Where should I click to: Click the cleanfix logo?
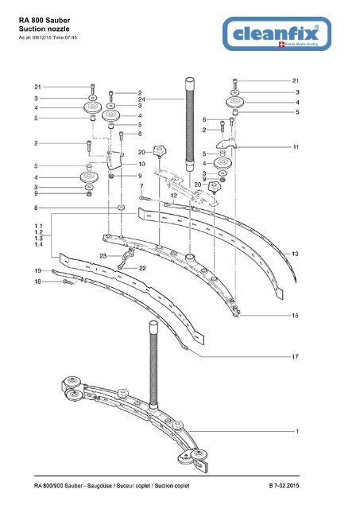(x=277, y=33)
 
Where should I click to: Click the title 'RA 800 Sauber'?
(x=45, y=21)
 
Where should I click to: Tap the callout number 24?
(x=141, y=99)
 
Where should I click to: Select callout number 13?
(x=295, y=254)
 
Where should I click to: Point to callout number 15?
(x=295, y=316)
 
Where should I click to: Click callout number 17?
(x=295, y=357)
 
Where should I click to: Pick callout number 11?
(x=296, y=147)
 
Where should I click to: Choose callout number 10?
(x=141, y=164)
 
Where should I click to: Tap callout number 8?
(x=36, y=208)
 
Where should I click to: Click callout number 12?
(x=174, y=196)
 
